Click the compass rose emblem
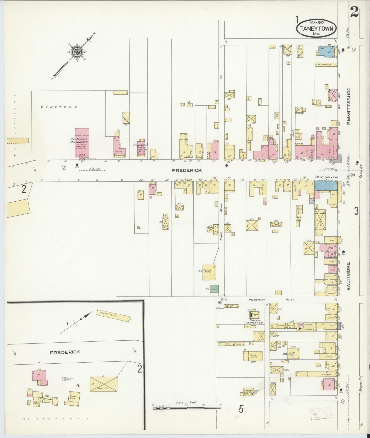tap(76, 52)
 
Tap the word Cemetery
tap(59, 107)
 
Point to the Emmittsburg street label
tap(349, 106)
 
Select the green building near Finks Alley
tap(214, 289)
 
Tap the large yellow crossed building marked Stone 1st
tap(103, 384)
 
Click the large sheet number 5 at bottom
tap(241, 409)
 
